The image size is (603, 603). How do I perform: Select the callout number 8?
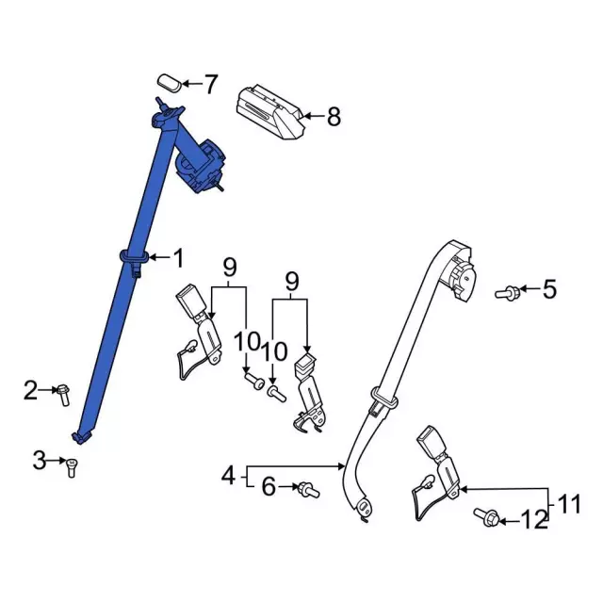pos(334,118)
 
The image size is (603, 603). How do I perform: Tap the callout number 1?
pos(179,256)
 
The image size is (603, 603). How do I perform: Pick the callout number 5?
pos(549,289)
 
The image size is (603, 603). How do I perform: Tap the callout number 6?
pos(268,487)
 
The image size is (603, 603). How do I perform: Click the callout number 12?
pos(533,519)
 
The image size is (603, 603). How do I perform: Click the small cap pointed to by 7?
pos(169,79)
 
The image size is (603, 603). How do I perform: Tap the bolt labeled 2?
pos(63,393)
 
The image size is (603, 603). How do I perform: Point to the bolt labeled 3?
pos(71,464)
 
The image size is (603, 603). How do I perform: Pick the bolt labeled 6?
pos(306,490)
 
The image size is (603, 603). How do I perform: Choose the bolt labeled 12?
pos(488,517)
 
